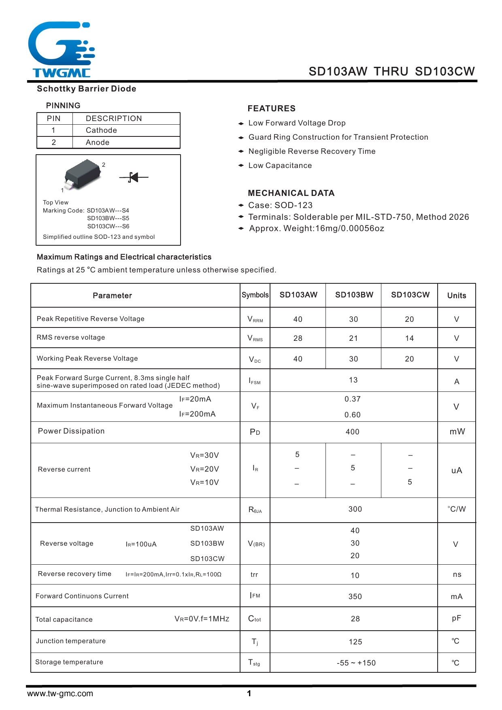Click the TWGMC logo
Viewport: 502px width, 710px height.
62,49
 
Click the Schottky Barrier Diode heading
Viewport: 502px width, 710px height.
86,89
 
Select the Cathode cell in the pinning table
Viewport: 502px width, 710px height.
101,130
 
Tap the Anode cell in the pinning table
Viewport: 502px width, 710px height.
98,142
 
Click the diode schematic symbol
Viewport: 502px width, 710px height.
134,177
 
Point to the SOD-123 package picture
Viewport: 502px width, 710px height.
83,174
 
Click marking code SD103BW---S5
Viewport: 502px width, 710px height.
108,218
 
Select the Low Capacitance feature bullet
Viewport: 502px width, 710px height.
280,166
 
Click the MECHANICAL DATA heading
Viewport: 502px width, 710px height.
291,193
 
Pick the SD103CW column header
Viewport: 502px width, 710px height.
410,295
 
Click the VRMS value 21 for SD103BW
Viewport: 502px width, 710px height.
353,338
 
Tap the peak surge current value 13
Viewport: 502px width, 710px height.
353,380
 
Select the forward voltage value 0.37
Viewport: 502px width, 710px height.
353,399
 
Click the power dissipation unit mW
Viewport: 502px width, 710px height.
457,432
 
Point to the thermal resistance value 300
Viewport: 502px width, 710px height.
355,509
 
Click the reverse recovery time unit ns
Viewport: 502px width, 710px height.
457,575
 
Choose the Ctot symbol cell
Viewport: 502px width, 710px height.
255,619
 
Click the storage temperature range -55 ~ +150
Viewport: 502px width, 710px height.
356,663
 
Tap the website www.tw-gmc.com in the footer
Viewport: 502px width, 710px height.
60,693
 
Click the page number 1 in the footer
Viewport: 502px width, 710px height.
249,693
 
